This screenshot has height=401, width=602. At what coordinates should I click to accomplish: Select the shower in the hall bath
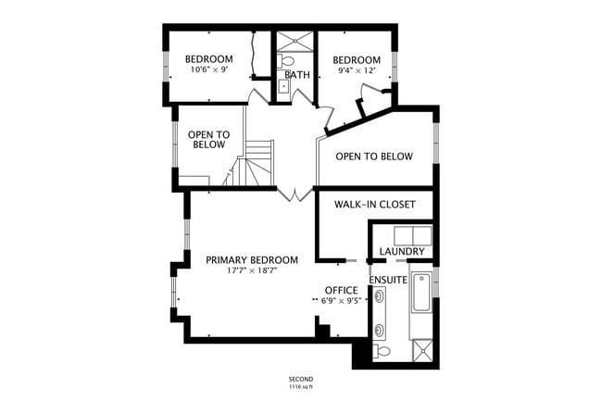[x=296, y=42]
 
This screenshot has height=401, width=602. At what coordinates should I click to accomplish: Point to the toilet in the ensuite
[x=382, y=351]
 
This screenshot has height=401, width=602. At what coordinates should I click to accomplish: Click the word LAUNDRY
[x=402, y=252]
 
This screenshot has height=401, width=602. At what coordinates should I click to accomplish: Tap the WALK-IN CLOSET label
[x=374, y=204]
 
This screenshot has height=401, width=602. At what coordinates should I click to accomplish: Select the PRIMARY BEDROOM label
[x=252, y=260]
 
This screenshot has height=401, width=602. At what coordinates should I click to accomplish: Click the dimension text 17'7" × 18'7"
[x=252, y=272]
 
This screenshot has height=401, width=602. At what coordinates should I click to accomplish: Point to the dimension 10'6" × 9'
[x=209, y=69]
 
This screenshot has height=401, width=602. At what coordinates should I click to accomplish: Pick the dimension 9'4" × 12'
[x=357, y=70]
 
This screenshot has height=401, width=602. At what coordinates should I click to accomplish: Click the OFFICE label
[x=341, y=290]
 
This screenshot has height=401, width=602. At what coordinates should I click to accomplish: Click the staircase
[x=255, y=164]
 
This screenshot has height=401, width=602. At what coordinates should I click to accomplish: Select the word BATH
[x=297, y=75]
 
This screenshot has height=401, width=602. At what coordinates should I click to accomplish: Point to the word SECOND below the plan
[x=300, y=380]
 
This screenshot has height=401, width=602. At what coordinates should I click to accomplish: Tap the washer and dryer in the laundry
[x=412, y=234]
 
